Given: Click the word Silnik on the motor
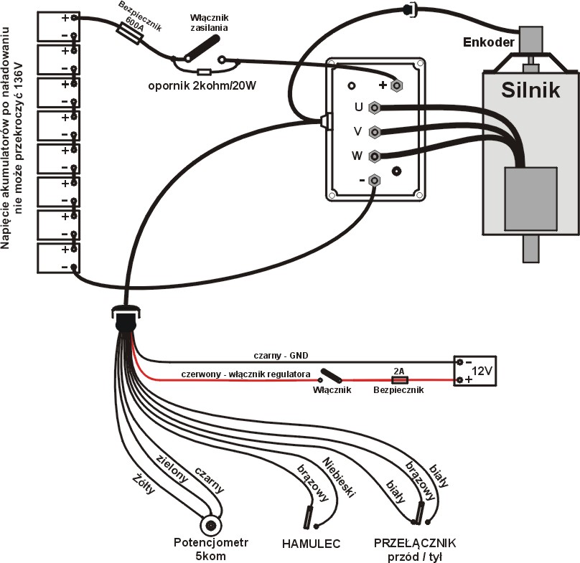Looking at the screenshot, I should (x=530, y=91).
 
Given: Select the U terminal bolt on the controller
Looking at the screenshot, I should (x=374, y=108).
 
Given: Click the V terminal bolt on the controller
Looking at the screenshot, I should (x=374, y=132).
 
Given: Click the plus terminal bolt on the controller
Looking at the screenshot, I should (x=396, y=85).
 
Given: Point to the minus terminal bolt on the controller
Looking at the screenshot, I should (x=374, y=180).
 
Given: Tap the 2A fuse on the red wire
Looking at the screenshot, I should (x=398, y=379).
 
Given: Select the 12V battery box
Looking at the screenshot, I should (x=473, y=372).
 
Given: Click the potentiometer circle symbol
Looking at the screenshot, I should (x=210, y=525).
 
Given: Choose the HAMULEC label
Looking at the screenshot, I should (x=309, y=543).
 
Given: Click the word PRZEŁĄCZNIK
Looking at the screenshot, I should (x=414, y=542).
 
